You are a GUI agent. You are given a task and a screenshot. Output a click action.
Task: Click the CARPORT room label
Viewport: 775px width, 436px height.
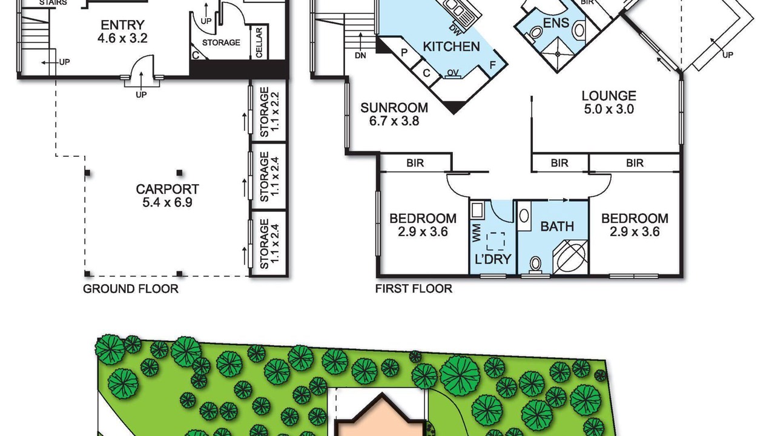pos(168,190)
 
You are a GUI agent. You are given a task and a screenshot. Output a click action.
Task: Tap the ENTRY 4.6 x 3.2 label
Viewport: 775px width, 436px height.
pos(122,31)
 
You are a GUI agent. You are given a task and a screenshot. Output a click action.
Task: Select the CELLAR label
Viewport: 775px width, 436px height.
pos(259,43)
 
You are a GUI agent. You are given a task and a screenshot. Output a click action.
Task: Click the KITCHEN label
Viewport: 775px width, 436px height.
pos(451,47)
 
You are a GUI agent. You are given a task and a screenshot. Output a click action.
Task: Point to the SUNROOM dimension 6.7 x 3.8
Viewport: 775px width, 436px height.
pos(394,121)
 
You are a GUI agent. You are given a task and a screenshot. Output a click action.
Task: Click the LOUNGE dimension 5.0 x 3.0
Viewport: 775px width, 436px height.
pos(608,110)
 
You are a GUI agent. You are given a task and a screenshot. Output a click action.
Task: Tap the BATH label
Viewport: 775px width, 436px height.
pos(557,226)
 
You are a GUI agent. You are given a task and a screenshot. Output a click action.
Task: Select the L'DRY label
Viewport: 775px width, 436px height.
pos(493,259)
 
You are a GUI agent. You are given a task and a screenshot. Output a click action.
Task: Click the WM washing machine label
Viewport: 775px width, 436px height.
pos(476,233)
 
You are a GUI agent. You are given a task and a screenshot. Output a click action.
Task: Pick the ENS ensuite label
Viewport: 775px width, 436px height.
pos(556,23)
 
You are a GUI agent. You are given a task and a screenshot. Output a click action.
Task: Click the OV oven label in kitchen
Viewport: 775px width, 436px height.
pos(453,72)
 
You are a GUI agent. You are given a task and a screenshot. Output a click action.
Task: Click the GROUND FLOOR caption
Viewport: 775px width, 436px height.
pos(131,289)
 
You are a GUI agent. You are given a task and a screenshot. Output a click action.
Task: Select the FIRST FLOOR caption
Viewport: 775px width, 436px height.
pos(414,289)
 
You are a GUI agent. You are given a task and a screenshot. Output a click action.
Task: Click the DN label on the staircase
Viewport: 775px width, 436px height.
pos(360,55)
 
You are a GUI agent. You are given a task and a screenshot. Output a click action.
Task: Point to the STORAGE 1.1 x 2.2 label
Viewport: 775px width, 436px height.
pos(269,112)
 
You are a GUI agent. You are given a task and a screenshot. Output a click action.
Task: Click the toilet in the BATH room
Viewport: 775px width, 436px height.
pos(535,265)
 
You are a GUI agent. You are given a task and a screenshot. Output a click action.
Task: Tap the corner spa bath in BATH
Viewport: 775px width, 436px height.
pos(571,257)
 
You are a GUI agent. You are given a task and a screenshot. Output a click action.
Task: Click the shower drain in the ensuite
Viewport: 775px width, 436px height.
pos(558,54)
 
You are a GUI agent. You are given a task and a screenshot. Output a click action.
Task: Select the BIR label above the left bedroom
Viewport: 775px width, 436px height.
pos(415,163)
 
